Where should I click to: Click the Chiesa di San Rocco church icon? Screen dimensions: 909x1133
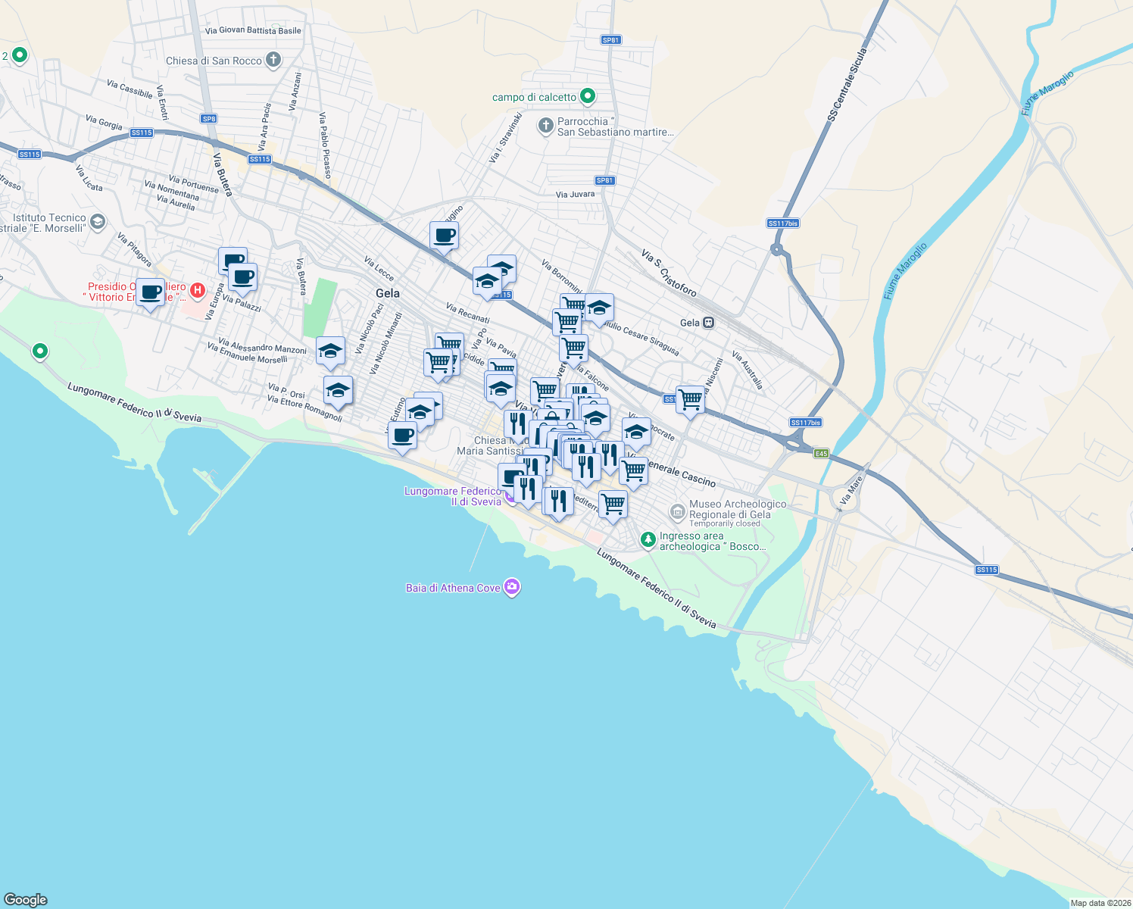(x=273, y=60)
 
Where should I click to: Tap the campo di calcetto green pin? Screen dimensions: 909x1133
(x=587, y=96)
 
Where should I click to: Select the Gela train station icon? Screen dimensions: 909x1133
(x=708, y=323)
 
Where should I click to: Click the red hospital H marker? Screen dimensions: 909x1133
(x=198, y=290)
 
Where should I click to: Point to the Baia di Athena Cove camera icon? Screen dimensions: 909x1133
(x=512, y=587)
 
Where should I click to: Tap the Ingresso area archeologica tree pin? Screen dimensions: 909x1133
(x=648, y=539)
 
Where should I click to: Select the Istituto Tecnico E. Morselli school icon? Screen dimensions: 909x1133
(x=97, y=222)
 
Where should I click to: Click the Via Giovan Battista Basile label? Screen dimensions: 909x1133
(x=253, y=31)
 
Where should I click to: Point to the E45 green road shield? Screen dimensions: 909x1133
(x=821, y=454)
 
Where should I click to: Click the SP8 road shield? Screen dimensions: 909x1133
(x=209, y=119)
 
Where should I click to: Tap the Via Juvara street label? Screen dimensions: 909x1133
(x=575, y=195)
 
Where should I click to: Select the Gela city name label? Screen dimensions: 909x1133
(x=388, y=293)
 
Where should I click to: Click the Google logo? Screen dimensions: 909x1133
(x=26, y=899)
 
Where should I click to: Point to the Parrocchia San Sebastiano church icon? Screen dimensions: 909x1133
(x=545, y=126)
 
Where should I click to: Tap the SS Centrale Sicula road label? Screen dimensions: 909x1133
(x=847, y=85)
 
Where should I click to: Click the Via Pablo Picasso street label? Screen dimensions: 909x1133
(x=325, y=145)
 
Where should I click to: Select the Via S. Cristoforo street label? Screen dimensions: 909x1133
(x=669, y=273)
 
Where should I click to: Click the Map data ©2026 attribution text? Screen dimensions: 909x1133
(x=1100, y=903)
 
